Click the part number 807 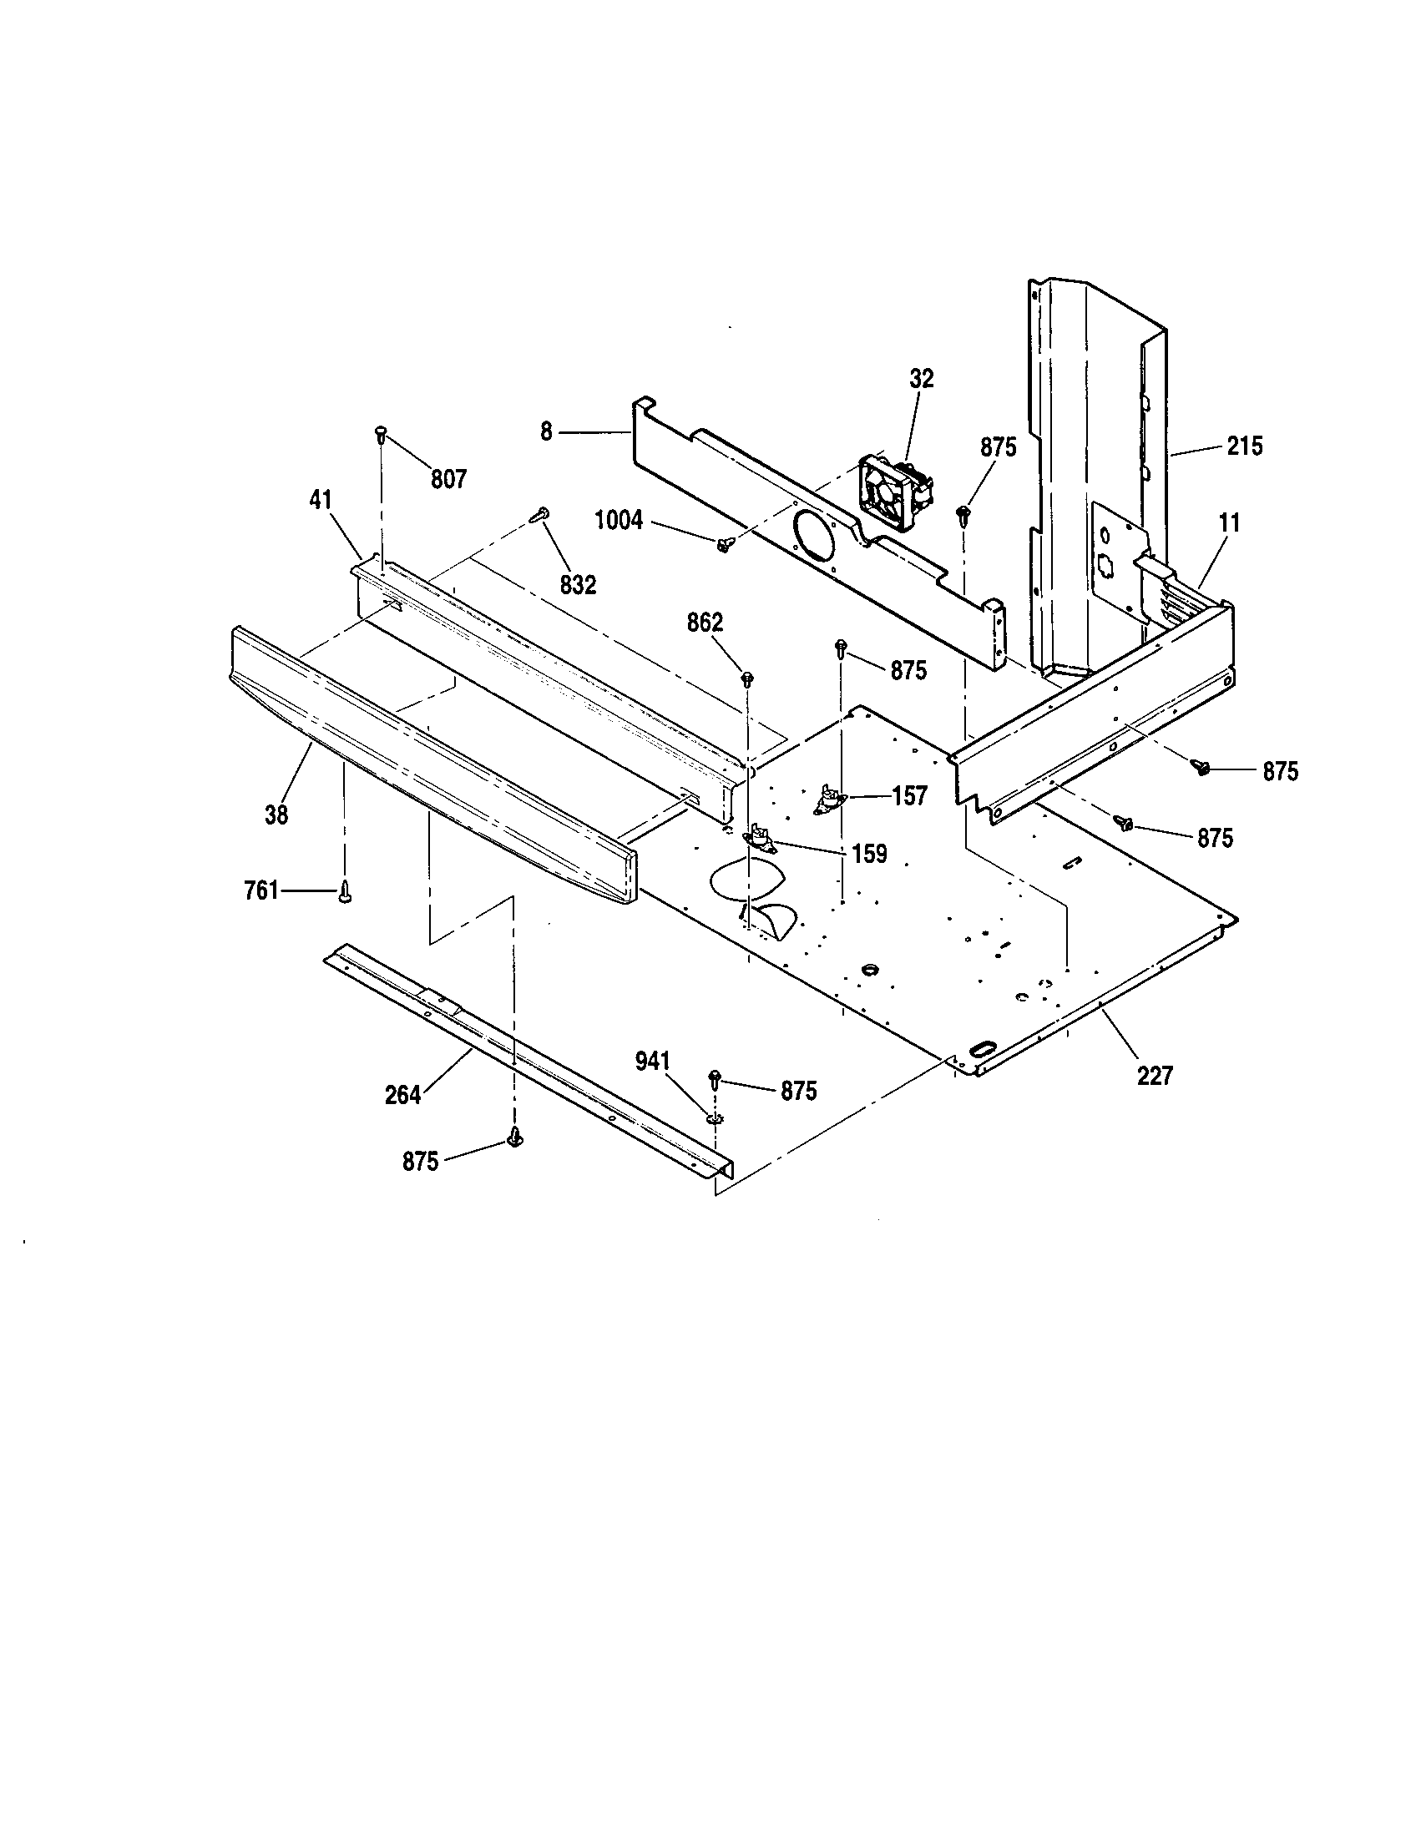(449, 480)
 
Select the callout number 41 (321, 501)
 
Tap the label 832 (578, 584)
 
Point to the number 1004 (619, 522)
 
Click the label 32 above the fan (922, 379)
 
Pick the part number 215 (1245, 446)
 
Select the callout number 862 (705, 623)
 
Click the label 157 (909, 795)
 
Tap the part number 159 (869, 854)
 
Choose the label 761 (261, 890)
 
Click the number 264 (402, 1096)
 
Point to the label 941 (653, 1062)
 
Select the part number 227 (1155, 1075)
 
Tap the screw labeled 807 (381, 435)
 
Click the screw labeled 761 (344, 893)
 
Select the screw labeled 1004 (722, 545)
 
